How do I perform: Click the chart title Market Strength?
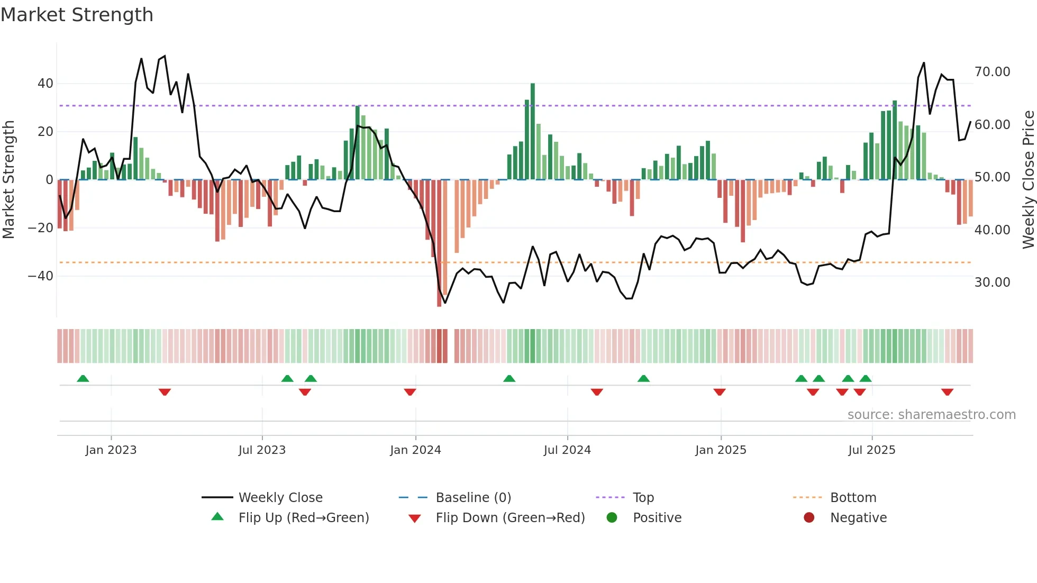pos(77,15)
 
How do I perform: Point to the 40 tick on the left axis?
pos(46,84)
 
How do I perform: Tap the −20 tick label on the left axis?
pos(41,228)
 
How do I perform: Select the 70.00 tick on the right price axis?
pos(992,72)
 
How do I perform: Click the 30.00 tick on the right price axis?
pos(992,283)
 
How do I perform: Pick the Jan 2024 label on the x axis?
pos(415,450)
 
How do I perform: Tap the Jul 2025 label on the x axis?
pos(871,450)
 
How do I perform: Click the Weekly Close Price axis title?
pos(1028,180)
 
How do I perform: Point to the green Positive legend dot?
pos(612,518)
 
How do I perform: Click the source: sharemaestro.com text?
pos(931,415)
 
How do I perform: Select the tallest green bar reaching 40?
pos(533,132)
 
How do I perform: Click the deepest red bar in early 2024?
pos(439,243)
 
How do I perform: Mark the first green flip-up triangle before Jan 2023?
pos(83,378)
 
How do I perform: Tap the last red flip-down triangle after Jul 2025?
pos(947,392)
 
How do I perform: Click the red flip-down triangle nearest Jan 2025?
pos(719,392)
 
